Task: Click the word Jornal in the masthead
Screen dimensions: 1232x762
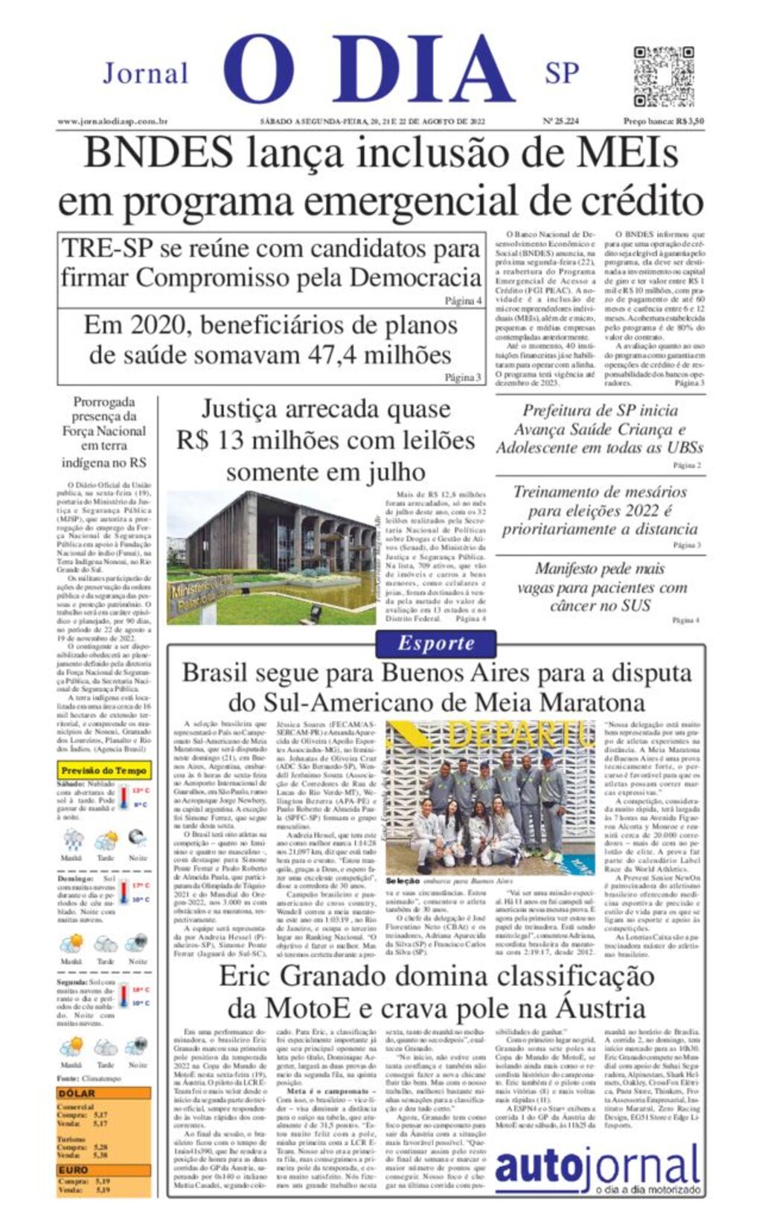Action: point(145,74)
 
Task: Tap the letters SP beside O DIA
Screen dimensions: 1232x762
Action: point(561,73)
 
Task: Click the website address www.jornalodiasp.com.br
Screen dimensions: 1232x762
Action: point(112,121)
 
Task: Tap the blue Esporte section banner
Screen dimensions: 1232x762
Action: point(435,644)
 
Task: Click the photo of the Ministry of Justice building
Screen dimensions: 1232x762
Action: point(271,556)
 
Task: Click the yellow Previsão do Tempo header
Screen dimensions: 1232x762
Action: point(103,770)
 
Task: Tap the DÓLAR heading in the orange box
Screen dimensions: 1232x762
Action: point(77,1093)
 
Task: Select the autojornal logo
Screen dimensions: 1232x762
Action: point(598,1170)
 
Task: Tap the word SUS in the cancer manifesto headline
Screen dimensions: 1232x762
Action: point(635,606)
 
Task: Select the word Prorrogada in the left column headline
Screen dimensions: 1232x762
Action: point(104,402)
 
